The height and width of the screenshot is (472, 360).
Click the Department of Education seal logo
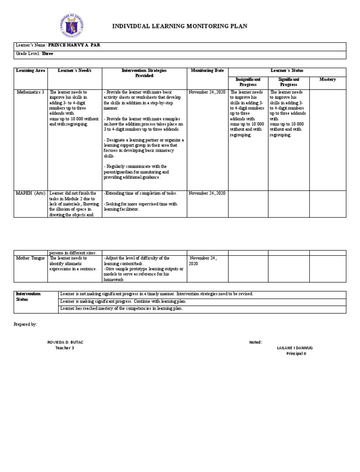pyautogui.click(x=72, y=26)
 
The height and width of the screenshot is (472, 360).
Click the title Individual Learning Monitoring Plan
pyautogui.click(x=179, y=27)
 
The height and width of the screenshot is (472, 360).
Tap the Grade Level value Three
pyautogui.click(x=47, y=54)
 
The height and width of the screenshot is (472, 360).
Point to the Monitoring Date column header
pyautogui.click(x=207, y=70)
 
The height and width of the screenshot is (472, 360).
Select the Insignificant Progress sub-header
pyautogui.click(x=248, y=82)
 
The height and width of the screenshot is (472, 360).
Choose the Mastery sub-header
pyautogui.click(x=328, y=80)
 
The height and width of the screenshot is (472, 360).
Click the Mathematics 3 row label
pyautogui.click(x=30, y=92)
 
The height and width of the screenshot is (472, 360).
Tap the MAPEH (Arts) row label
pyautogui.click(x=30, y=193)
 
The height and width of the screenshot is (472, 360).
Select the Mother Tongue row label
pyautogui.click(x=30, y=258)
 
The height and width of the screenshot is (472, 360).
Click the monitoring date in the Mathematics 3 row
pyautogui.click(x=207, y=92)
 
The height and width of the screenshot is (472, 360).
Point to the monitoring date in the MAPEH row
pyautogui.click(x=207, y=193)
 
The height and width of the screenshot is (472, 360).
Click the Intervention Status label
pyautogui.click(x=28, y=296)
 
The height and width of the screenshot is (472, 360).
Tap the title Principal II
pyautogui.click(x=296, y=353)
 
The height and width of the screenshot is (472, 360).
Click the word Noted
pyautogui.click(x=256, y=342)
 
